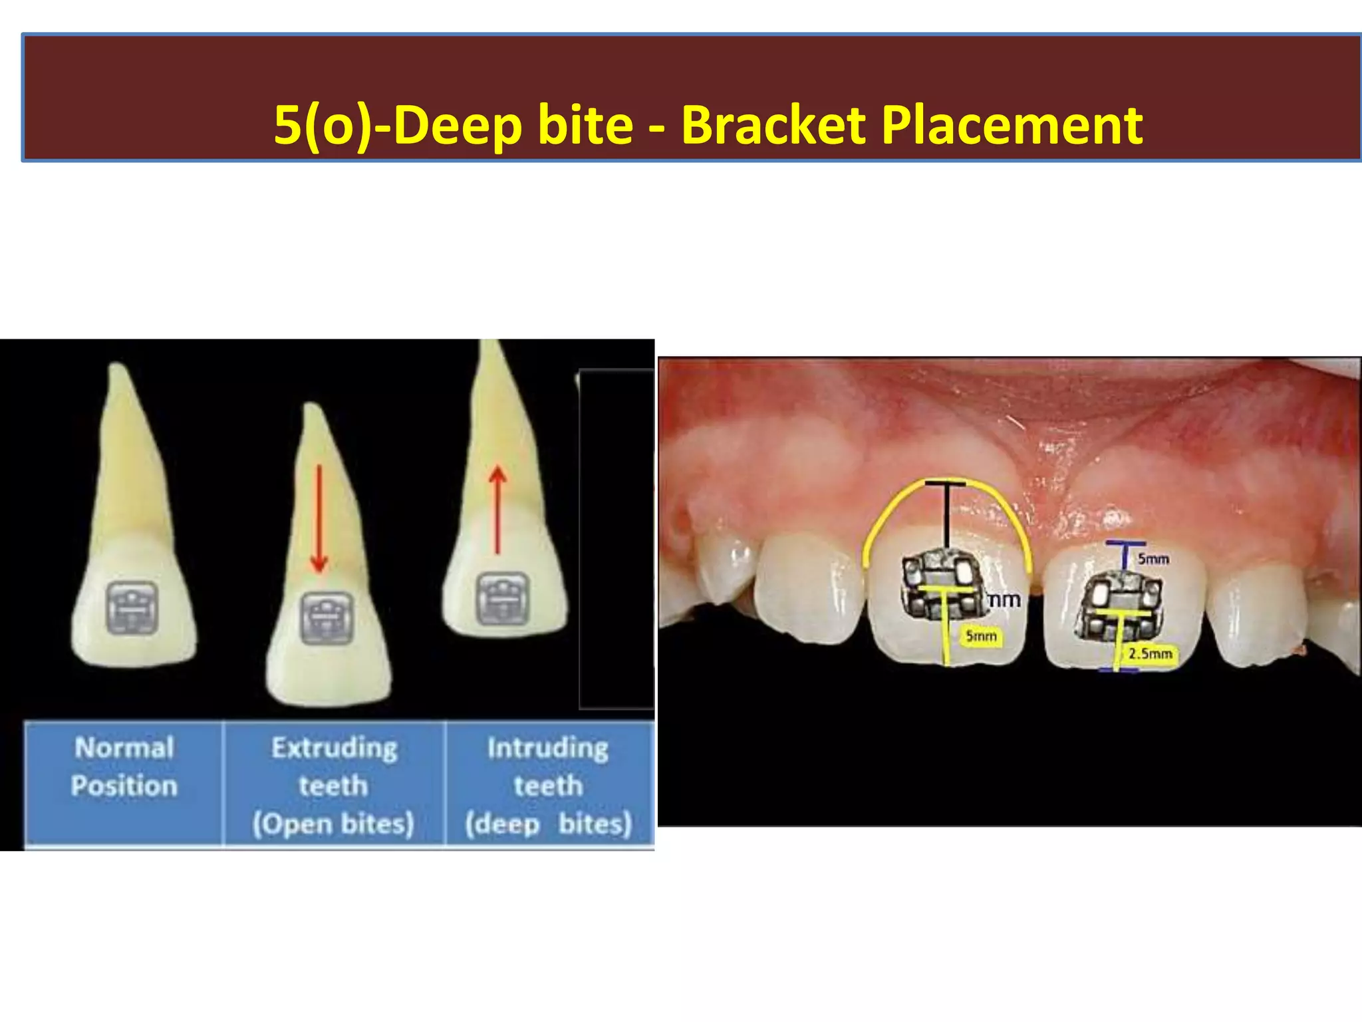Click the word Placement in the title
(1012, 126)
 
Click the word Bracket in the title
(773, 126)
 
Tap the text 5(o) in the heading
(323, 126)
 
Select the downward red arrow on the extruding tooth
(319, 519)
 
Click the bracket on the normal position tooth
(132, 607)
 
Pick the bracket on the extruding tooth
(326, 618)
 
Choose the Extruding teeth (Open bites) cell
(334, 785)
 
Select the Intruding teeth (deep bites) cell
(548, 785)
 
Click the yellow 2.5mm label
(1150, 654)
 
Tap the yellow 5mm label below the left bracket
(981, 637)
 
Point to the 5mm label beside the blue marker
(1153, 559)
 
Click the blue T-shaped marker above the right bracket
(1125, 552)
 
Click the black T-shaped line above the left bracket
(946, 512)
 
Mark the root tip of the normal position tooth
(117, 368)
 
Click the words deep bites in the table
(548, 824)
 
